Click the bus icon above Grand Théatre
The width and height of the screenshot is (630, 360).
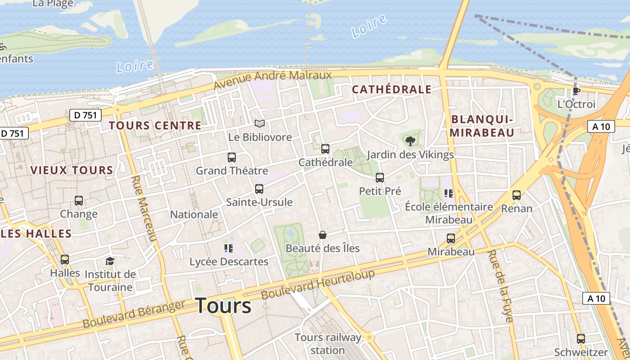[232, 157]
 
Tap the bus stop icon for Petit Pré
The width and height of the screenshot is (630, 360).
[380, 178]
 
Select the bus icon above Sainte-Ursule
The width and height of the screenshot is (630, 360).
[259, 189]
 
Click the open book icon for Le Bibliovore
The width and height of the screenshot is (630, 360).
[260, 123]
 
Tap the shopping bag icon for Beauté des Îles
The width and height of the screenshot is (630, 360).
[322, 235]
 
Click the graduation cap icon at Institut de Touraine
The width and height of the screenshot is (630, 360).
[110, 261]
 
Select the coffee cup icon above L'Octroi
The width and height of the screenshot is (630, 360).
[576, 91]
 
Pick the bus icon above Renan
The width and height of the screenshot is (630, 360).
[517, 195]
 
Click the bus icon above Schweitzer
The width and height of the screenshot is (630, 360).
[581, 339]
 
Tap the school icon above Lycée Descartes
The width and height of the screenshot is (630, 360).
[228, 248]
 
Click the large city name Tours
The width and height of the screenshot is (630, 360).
[224, 306]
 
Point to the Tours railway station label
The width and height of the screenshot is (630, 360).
[328, 343]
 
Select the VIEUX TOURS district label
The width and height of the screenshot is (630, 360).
[72, 170]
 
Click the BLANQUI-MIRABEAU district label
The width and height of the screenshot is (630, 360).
[482, 126]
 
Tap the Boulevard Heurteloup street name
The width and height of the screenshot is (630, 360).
[318, 284]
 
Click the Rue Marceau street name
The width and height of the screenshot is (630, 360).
[144, 208]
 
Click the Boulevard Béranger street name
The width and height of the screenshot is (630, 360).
[134, 314]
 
